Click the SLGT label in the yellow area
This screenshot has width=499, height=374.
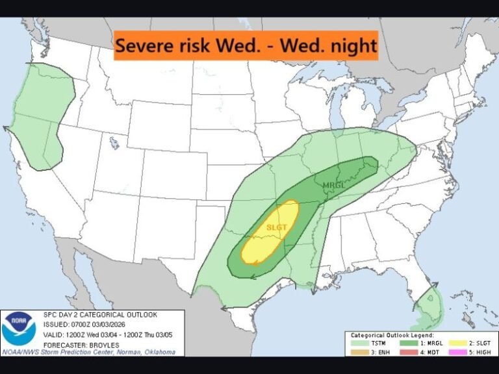coord(276,227)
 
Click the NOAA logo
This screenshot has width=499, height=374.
coord(18,329)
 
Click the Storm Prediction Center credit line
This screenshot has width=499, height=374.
coord(88,351)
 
